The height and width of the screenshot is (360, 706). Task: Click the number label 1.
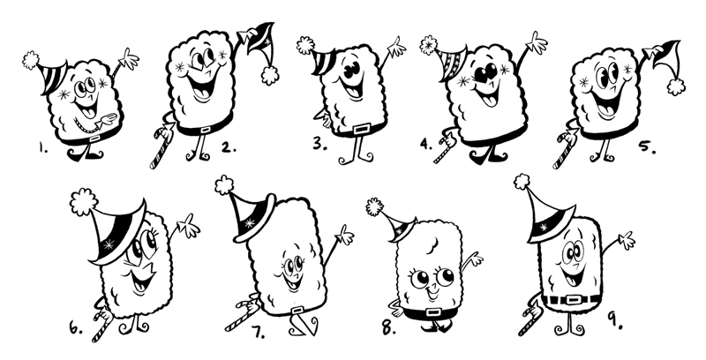coord(42,147)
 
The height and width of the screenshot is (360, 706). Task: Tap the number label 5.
coord(647,146)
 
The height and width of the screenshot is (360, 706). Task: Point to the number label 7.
coord(258,332)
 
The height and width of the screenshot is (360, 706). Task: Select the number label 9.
coord(615,319)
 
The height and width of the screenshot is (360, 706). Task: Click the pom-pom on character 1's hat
coord(31,60)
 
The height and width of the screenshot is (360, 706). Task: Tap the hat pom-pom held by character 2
coord(270,75)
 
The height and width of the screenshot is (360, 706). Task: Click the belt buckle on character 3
coord(362,130)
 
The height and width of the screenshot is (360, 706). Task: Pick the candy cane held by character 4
coord(445,147)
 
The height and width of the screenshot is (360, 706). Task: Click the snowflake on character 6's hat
coord(109,244)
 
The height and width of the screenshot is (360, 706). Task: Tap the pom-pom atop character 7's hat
coord(224,185)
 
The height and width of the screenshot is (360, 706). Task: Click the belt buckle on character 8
coord(433,312)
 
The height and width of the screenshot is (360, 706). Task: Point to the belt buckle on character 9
coord(573,300)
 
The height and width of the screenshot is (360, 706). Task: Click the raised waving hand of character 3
coord(396,48)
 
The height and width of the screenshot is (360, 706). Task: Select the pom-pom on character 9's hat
coord(522,182)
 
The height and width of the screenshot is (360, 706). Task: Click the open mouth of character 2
coord(201,87)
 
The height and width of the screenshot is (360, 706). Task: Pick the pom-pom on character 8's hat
coord(374,206)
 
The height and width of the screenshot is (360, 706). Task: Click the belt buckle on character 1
coord(94,139)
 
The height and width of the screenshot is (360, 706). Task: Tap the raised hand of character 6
coord(188,226)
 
